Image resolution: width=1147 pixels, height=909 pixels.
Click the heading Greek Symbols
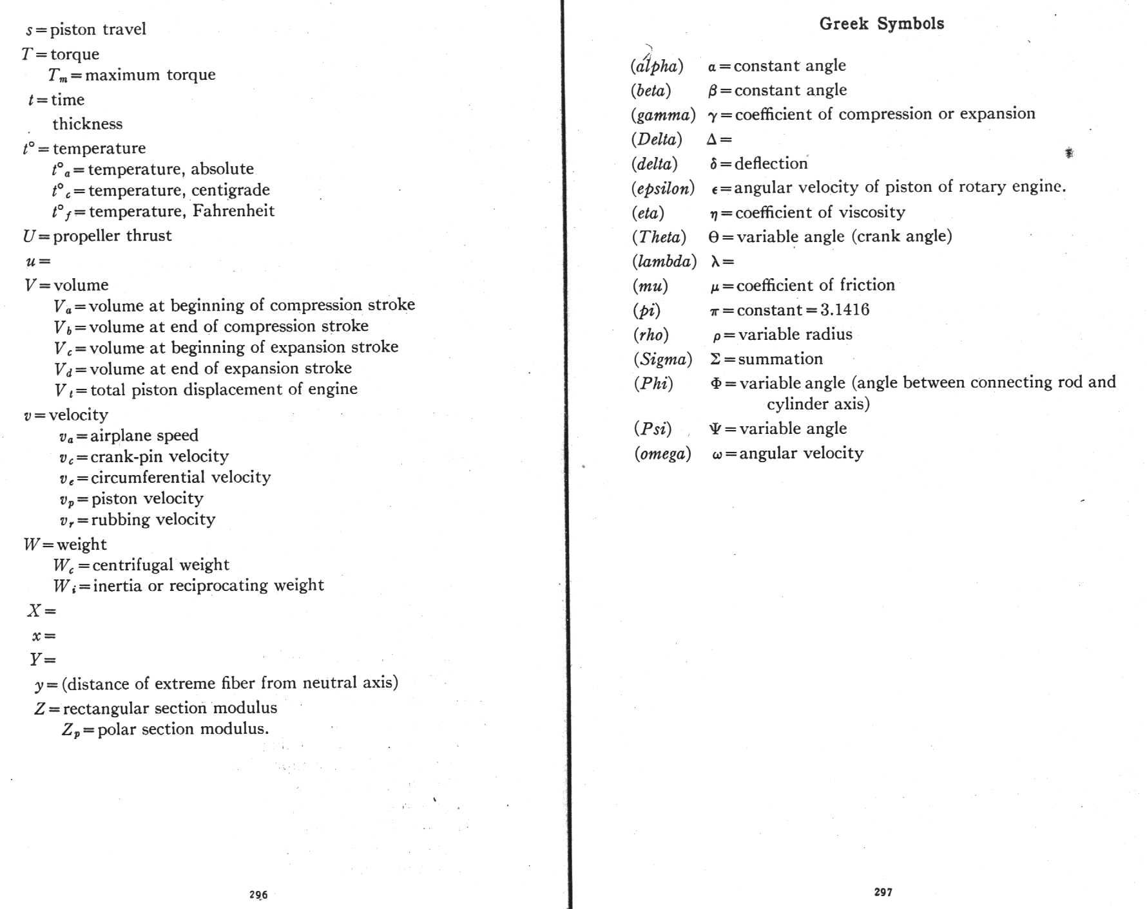[x=882, y=24]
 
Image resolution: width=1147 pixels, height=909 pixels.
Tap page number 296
[x=258, y=894]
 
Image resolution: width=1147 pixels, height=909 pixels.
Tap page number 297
[x=883, y=892]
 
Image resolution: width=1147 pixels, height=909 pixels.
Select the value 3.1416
[x=845, y=310]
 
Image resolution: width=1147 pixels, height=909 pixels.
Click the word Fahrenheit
[x=233, y=211]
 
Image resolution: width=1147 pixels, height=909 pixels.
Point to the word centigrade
[x=230, y=190]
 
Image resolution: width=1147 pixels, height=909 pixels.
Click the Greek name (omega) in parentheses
[x=662, y=453]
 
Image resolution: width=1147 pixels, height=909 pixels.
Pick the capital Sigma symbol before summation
[x=715, y=359]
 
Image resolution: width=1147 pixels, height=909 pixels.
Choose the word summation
[x=780, y=359]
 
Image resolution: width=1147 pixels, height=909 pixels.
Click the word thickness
[x=87, y=124]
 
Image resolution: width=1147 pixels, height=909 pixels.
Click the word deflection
[x=771, y=163]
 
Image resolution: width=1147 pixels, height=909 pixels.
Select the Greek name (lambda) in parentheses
[x=664, y=261]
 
